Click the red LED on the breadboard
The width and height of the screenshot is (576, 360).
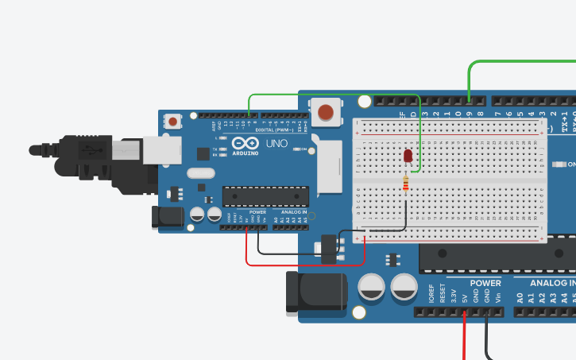tap(408, 156)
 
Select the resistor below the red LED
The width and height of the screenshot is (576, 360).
tap(407, 184)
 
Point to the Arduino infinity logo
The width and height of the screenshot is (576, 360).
tap(245, 143)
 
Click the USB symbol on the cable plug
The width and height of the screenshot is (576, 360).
tap(95, 149)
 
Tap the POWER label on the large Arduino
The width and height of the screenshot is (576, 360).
tap(485, 283)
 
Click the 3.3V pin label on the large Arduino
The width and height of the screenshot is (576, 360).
tap(454, 296)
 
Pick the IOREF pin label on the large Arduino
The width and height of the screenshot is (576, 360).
tap(431, 294)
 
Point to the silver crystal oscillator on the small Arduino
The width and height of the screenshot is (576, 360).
tap(201, 173)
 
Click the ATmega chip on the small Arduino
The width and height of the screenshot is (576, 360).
tap(265, 195)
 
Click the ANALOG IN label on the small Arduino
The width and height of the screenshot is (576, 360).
tap(291, 212)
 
